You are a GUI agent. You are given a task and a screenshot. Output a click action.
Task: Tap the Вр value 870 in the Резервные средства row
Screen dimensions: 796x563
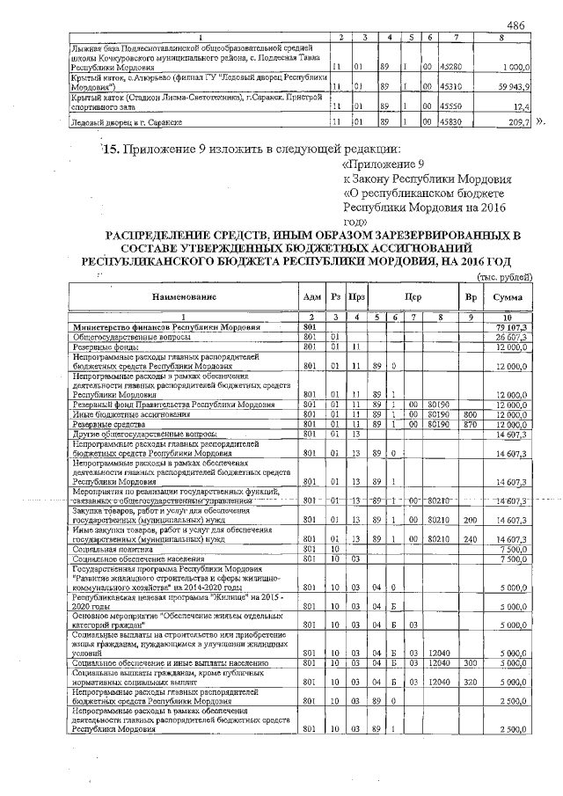(x=469, y=425)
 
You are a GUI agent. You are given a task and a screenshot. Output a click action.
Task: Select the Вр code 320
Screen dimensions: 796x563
(x=469, y=681)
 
